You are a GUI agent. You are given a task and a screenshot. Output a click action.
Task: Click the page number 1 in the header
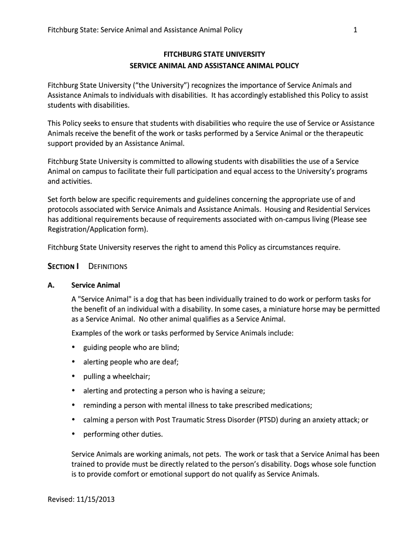click(x=356, y=30)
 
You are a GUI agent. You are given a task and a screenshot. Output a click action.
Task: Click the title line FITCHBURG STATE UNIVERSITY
click(x=214, y=54)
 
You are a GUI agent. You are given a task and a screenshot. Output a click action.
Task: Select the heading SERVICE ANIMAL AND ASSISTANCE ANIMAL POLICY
click(x=214, y=66)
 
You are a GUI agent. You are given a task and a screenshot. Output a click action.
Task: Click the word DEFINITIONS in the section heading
click(x=108, y=266)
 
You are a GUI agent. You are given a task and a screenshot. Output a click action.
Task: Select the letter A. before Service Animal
click(x=51, y=285)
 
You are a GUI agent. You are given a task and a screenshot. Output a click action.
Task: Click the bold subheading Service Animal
click(x=96, y=285)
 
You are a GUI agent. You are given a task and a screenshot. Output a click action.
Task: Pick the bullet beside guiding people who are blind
click(x=73, y=347)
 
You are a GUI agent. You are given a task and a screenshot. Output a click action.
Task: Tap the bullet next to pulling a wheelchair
click(x=73, y=376)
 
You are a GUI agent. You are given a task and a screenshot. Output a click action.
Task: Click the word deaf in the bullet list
click(x=170, y=362)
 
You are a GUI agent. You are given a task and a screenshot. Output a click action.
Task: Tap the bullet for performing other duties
click(x=73, y=434)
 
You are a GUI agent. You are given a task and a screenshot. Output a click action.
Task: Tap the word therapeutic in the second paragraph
click(x=342, y=133)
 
